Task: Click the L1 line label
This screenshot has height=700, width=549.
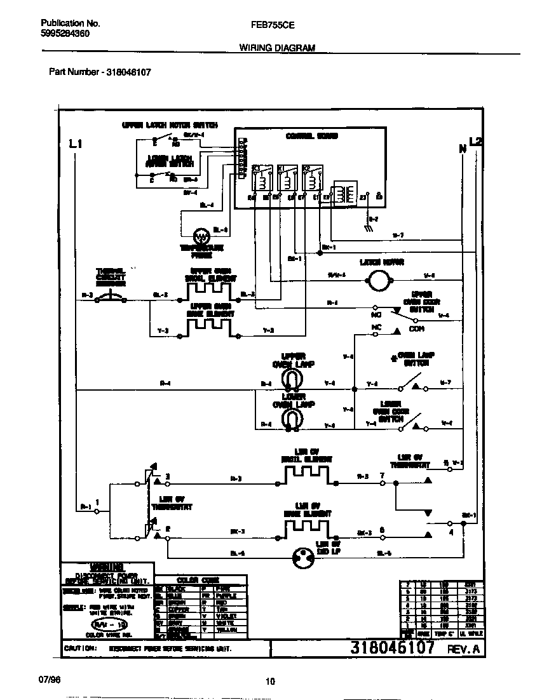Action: click(75, 145)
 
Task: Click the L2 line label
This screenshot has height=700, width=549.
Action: click(475, 141)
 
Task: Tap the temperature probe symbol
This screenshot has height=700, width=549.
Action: click(201, 237)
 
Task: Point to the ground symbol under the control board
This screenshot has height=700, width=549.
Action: click(369, 227)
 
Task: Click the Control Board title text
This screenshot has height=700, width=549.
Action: click(311, 136)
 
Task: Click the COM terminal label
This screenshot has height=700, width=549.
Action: click(416, 329)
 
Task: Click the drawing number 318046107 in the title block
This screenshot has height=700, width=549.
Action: click(392, 648)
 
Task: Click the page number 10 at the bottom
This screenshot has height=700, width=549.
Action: click(270, 682)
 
